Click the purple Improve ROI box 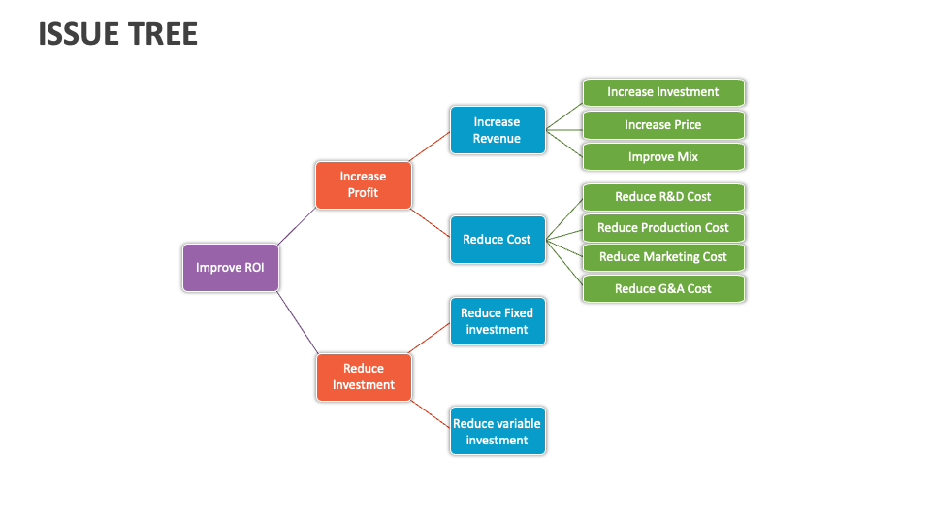click(231, 268)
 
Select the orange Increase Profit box click(364, 184)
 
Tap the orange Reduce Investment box click(364, 377)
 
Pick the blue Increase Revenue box click(498, 130)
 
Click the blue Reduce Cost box click(498, 240)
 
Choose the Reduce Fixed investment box click(498, 321)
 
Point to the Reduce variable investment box click(498, 431)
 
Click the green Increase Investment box click(663, 93)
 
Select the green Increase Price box click(663, 125)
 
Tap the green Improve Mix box click(663, 157)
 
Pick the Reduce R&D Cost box click(663, 197)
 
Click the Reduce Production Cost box click(663, 228)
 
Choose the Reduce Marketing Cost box click(663, 257)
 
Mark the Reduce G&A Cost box click(663, 289)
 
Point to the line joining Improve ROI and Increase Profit click(297, 226)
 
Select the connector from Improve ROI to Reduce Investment click(298, 322)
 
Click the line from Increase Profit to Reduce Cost click(431, 223)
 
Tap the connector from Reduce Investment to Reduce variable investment click(431, 414)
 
